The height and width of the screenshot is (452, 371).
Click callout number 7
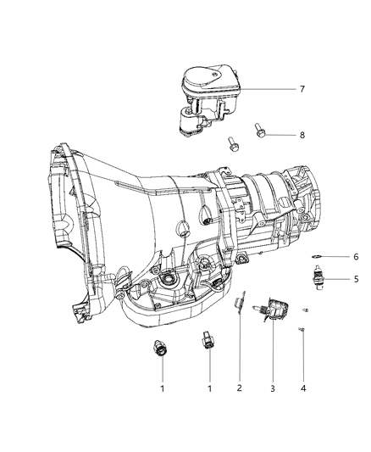(302, 89)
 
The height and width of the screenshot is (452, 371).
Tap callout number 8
(302, 135)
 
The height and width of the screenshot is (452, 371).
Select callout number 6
(356, 257)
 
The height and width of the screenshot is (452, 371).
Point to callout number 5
(356, 279)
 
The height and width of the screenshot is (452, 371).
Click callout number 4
(303, 388)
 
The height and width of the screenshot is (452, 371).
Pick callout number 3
(273, 388)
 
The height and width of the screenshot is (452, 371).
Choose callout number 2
(240, 388)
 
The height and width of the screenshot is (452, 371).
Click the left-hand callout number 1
(163, 388)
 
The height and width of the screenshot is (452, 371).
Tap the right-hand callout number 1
(209, 388)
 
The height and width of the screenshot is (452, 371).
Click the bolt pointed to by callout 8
(258, 131)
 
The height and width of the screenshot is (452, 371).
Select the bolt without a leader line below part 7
(232, 144)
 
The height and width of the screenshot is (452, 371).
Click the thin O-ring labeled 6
(316, 256)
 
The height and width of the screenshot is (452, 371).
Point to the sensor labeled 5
(318, 278)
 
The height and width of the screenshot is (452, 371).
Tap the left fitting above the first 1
(159, 348)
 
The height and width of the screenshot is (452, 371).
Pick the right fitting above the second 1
(208, 340)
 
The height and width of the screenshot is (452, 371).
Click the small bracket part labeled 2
(240, 303)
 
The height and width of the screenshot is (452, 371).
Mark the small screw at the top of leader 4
(302, 329)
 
